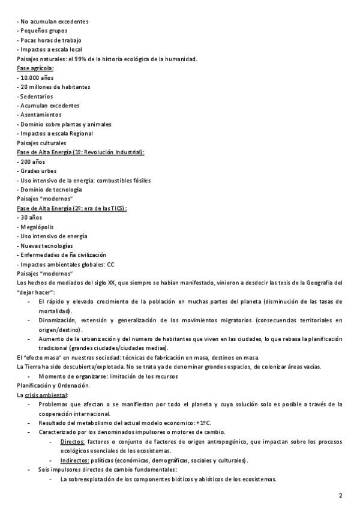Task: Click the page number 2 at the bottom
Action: (340, 496)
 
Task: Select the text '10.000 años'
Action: (38, 77)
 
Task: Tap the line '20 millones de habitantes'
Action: (55, 86)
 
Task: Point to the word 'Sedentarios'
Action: (37, 96)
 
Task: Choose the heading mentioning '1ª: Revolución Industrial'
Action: (81, 152)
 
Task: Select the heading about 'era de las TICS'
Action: (72, 208)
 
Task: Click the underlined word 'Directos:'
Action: (72, 442)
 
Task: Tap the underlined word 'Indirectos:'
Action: (74, 460)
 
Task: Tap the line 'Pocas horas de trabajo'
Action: (50, 40)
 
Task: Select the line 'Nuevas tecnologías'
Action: (46, 245)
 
